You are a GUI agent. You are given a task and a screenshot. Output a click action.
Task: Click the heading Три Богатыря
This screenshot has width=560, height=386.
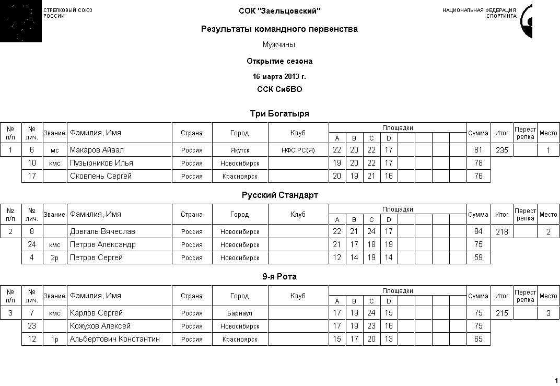279,114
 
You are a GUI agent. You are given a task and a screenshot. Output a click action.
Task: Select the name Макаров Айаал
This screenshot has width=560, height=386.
97,150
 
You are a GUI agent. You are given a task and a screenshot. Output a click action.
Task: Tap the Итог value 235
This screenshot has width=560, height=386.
501,150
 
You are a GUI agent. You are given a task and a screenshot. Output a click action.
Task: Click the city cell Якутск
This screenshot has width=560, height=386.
240,150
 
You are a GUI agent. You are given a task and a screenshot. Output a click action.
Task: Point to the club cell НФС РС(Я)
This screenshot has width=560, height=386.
298,150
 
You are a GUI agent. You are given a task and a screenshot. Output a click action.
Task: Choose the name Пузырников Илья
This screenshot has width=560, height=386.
101,163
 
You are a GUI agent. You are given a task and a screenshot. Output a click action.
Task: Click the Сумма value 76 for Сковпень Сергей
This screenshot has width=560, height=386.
478,176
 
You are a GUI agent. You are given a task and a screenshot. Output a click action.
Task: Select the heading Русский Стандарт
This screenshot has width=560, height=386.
279,195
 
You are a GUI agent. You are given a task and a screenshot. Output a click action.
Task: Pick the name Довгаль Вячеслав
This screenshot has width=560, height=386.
102,232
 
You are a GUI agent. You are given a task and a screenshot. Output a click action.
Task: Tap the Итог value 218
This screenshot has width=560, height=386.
501,232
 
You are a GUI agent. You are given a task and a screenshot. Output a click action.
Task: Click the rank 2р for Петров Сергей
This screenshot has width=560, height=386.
55,258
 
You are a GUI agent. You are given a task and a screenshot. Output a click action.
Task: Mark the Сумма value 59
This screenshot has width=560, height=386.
478,258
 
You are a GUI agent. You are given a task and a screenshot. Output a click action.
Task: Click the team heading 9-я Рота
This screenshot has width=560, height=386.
279,277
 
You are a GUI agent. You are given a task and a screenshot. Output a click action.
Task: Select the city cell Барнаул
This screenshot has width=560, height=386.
240,313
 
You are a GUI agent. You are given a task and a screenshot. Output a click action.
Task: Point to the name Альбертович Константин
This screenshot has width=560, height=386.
114,339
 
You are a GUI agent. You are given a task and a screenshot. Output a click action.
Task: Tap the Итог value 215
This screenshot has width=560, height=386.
501,313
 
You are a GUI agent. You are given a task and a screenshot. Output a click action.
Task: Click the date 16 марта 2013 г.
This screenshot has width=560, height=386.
279,76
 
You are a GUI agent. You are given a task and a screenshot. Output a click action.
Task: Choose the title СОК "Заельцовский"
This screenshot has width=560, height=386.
279,11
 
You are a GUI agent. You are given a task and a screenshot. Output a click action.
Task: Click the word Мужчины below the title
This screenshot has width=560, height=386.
279,45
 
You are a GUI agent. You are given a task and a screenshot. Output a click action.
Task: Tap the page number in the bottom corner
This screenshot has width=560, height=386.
555,380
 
